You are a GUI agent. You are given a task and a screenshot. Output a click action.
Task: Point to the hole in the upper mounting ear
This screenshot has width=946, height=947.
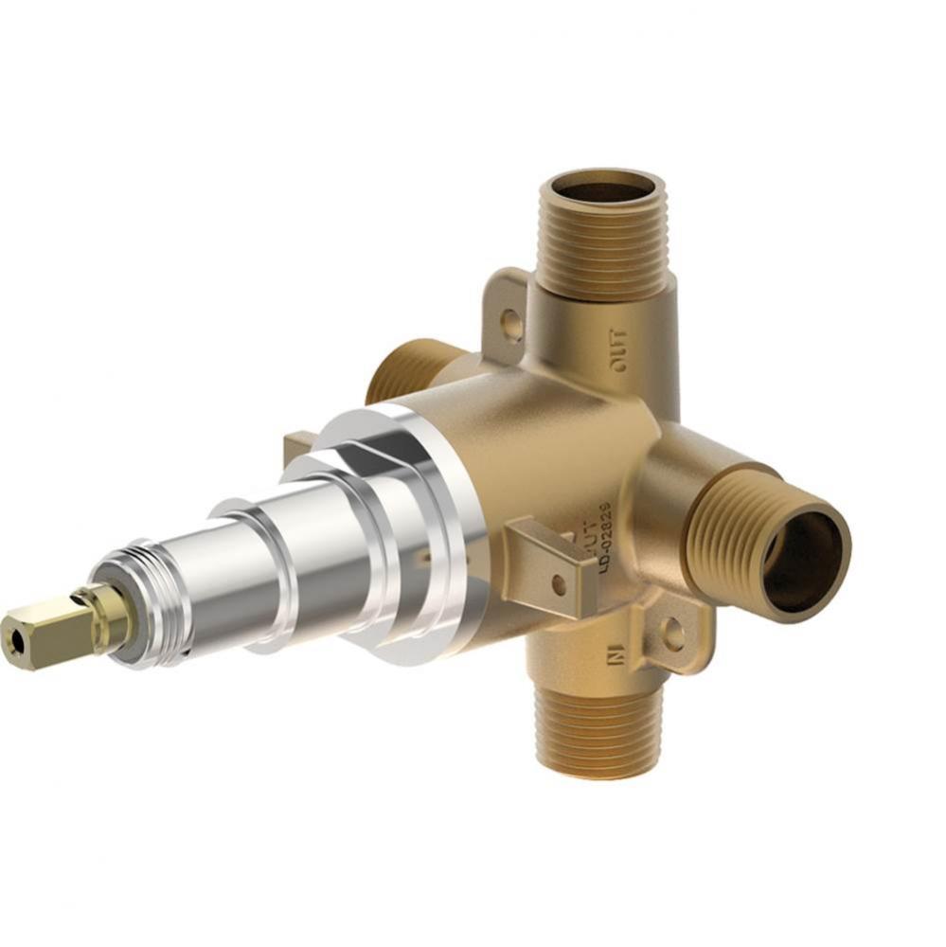pyautogui.click(x=512, y=325)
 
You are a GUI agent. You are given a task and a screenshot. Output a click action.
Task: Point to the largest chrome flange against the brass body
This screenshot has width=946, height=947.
pyautogui.click(x=398, y=530)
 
